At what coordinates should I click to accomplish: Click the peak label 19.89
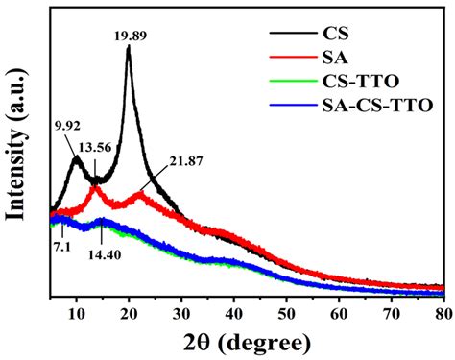point(129,35)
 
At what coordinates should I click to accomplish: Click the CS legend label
point(331,34)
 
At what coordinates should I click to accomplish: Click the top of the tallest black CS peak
point(129,47)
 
